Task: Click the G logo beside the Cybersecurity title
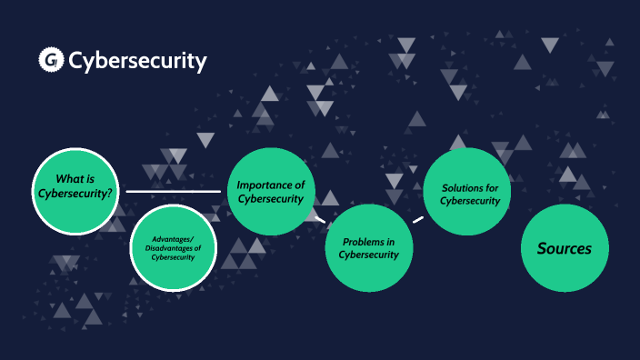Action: tap(50, 61)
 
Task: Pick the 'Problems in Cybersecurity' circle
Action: tap(369, 248)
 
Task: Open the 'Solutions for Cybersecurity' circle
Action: tap(467, 192)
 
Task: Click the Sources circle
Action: tap(565, 248)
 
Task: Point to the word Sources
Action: tap(565, 248)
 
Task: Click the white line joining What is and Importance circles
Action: tap(173, 192)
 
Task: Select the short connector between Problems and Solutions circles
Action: tap(418, 219)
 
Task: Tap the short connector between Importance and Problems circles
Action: tap(319, 218)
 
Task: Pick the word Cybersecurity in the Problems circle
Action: tap(369, 255)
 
